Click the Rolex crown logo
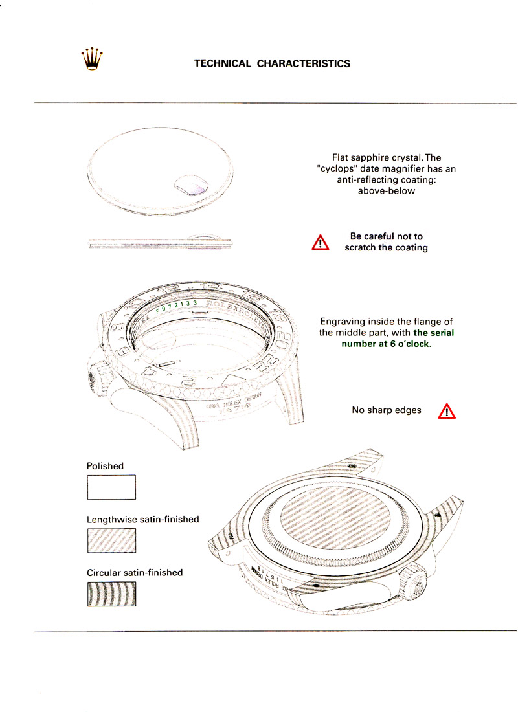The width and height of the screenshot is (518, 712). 93,59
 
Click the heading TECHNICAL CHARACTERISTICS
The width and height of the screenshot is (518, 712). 272,63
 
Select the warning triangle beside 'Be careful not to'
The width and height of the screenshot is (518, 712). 321,243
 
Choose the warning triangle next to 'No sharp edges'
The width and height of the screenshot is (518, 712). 447,410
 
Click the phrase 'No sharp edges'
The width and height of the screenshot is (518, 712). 386,410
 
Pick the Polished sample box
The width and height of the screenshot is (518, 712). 111,487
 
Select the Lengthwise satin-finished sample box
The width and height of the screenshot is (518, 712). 111,540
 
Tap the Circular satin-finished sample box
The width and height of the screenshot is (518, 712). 111,594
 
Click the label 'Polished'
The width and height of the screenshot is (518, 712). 105,466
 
